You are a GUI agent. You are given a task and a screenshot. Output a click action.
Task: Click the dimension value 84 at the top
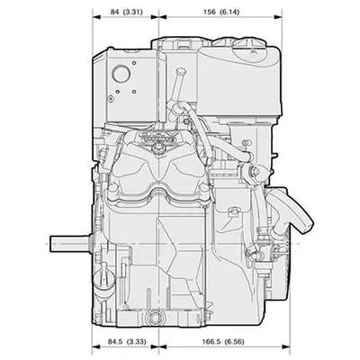point(115,12)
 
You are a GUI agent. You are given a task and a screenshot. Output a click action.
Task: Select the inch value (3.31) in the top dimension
point(133,12)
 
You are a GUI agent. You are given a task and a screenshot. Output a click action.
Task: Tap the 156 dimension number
point(210,12)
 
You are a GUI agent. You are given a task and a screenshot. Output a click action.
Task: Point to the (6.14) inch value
point(229,12)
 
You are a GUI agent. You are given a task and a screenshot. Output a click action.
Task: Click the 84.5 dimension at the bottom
point(115,341)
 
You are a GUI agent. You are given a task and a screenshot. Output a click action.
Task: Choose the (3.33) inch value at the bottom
point(137,341)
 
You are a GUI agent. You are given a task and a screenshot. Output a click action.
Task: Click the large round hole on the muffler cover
point(121,73)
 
